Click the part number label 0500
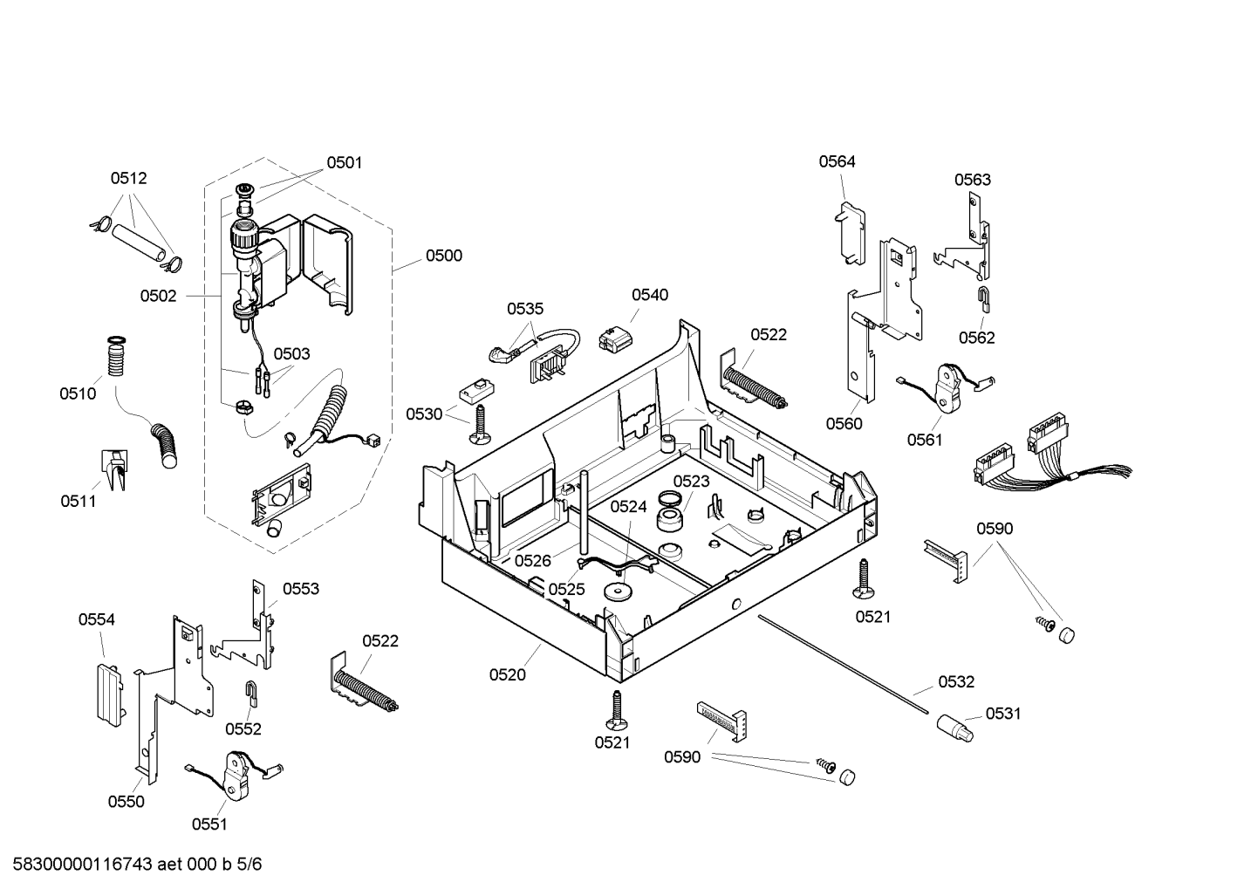pos(444,256)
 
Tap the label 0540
pos(650,295)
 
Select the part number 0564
pos(837,161)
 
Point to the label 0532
pos(956,681)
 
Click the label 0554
pos(97,619)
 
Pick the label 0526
pos(533,560)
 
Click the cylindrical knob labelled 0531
pos(954,728)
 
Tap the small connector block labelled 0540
pos(615,339)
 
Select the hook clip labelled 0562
pos(984,298)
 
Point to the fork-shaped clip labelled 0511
pos(115,469)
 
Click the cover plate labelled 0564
pos(851,233)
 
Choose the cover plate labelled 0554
pos(110,695)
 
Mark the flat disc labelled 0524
pos(618,592)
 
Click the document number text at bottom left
pos(138,864)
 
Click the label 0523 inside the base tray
pos(691,482)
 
